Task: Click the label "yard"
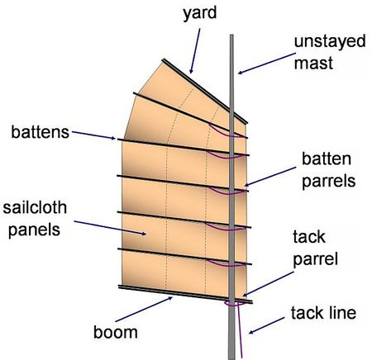200,13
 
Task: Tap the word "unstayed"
330,41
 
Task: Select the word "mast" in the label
313,63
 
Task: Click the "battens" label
41,132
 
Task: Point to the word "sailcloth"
35,207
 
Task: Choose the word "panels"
34,230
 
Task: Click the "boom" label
116,332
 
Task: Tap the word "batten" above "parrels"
327,159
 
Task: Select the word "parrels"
329,182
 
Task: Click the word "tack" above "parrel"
309,237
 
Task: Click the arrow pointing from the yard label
195,51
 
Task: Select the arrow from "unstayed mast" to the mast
266,64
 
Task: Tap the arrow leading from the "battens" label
93,135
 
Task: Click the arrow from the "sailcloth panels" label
110,228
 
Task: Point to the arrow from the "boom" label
144,309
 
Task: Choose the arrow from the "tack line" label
266,326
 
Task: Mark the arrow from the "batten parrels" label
270,177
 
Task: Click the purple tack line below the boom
240,331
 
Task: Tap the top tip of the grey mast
231,35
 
